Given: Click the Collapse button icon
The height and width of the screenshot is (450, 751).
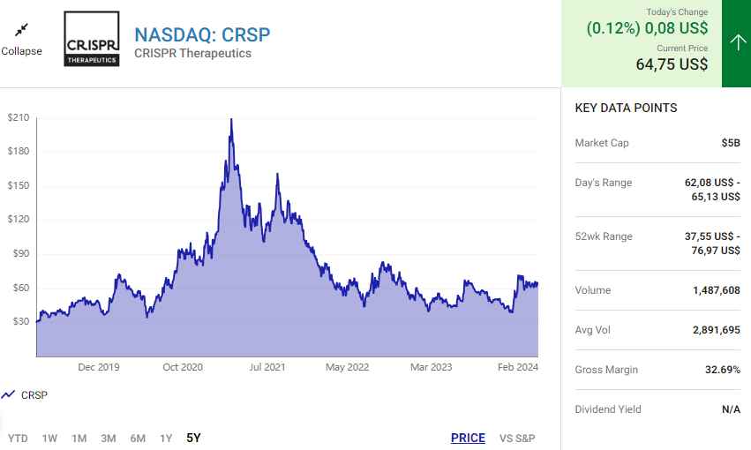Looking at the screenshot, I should (x=21, y=30).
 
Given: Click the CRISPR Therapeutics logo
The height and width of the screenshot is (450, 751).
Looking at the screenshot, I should (x=92, y=39).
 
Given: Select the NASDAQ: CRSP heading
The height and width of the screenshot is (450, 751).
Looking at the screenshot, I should (x=202, y=34).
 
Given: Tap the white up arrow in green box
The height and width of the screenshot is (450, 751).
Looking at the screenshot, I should (x=737, y=43).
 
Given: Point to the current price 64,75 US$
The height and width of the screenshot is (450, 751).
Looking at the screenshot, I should (x=672, y=64).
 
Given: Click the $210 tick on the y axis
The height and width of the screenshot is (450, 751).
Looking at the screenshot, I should (x=19, y=117).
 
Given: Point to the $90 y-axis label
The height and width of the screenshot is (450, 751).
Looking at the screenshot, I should (x=19, y=254).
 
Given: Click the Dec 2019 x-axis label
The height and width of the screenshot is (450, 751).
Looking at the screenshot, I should (x=98, y=367).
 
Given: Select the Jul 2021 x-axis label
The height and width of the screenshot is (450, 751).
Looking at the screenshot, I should (x=267, y=367).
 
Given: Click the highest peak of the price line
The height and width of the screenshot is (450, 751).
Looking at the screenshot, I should (x=231, y=119).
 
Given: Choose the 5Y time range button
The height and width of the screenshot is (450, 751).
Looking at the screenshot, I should (x=194, y=438).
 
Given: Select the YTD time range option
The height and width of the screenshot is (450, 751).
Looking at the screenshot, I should (x=18, y=438).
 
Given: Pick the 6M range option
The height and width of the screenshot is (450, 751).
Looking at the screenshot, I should (x=138, y=438).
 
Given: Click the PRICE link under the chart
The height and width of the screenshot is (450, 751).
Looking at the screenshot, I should (x=468, y=438).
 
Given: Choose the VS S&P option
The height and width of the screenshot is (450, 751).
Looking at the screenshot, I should (x=517, y=438).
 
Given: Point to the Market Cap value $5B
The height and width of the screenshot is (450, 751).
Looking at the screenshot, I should (x=730, y=143).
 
